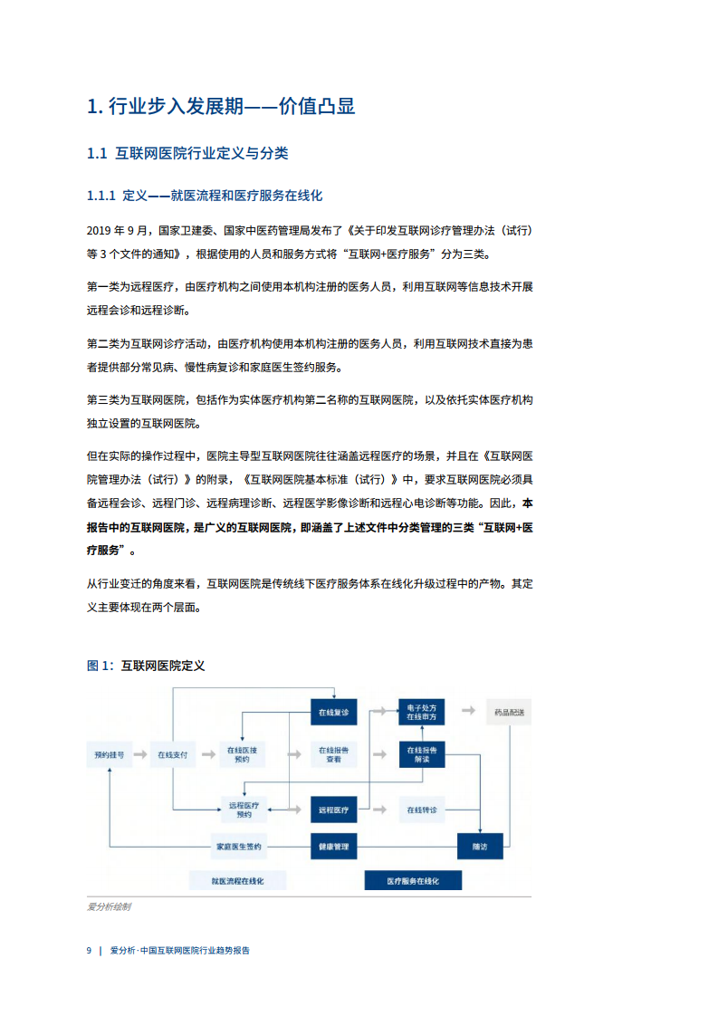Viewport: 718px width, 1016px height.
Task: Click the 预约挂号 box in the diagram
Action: (x=109, y=755)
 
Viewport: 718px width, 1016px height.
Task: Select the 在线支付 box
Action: (x=172, y=755)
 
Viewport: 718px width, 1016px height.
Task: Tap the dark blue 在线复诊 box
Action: (x=334, y=712)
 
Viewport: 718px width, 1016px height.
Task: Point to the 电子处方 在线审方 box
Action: (x=422, y=712)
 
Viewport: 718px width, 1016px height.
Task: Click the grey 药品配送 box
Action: (x=510, y=712)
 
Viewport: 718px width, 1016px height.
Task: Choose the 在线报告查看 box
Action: (x=334, y=755)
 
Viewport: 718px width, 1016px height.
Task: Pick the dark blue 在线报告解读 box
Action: (x=422, y=755)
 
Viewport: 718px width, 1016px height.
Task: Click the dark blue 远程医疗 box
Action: (x=334, y=810)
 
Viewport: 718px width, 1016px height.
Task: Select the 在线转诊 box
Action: (x=422, y=810)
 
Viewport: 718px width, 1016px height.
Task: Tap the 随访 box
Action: (x=480, y=847)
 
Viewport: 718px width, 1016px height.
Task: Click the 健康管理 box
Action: (x=334, y=847)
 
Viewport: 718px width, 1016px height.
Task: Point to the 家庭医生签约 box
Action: (x=239, y=847)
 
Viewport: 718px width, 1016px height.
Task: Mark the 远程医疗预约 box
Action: (x=244, y=810)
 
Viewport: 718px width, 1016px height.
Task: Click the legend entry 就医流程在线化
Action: (x=238, y=881)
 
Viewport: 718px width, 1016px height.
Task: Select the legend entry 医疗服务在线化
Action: (x=414, y=881)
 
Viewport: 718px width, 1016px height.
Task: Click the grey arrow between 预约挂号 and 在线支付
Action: (x=140, y=755)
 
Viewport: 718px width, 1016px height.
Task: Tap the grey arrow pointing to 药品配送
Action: (x=468, y=711)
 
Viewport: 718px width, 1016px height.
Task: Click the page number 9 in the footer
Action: (x=89, y=951)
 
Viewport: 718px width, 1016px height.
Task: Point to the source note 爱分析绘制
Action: (x=109, y=906)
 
